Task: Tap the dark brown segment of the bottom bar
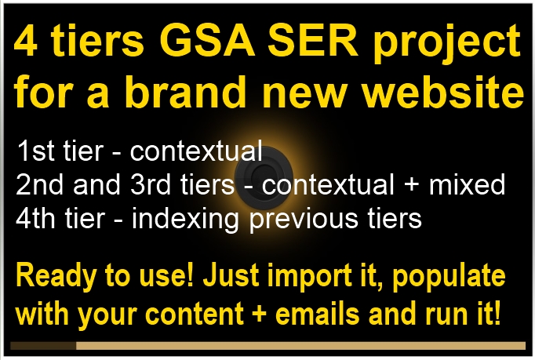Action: click(43, 345)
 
